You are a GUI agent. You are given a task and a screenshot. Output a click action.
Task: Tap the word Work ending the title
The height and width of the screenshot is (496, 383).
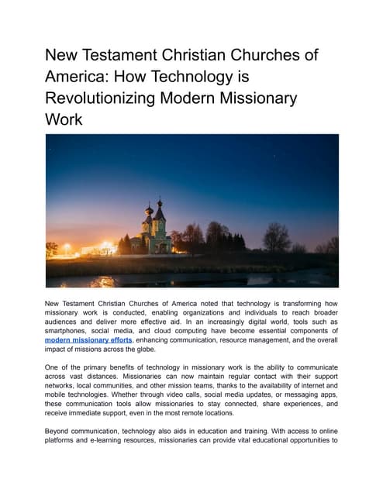click(64, 122)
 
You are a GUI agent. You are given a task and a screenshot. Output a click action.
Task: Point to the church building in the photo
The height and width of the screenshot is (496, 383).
click(153, 232)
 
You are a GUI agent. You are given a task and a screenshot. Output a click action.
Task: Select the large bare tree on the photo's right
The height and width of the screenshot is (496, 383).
click(276, 236)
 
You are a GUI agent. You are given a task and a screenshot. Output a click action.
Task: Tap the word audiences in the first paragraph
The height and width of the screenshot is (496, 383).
click(64, 319)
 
